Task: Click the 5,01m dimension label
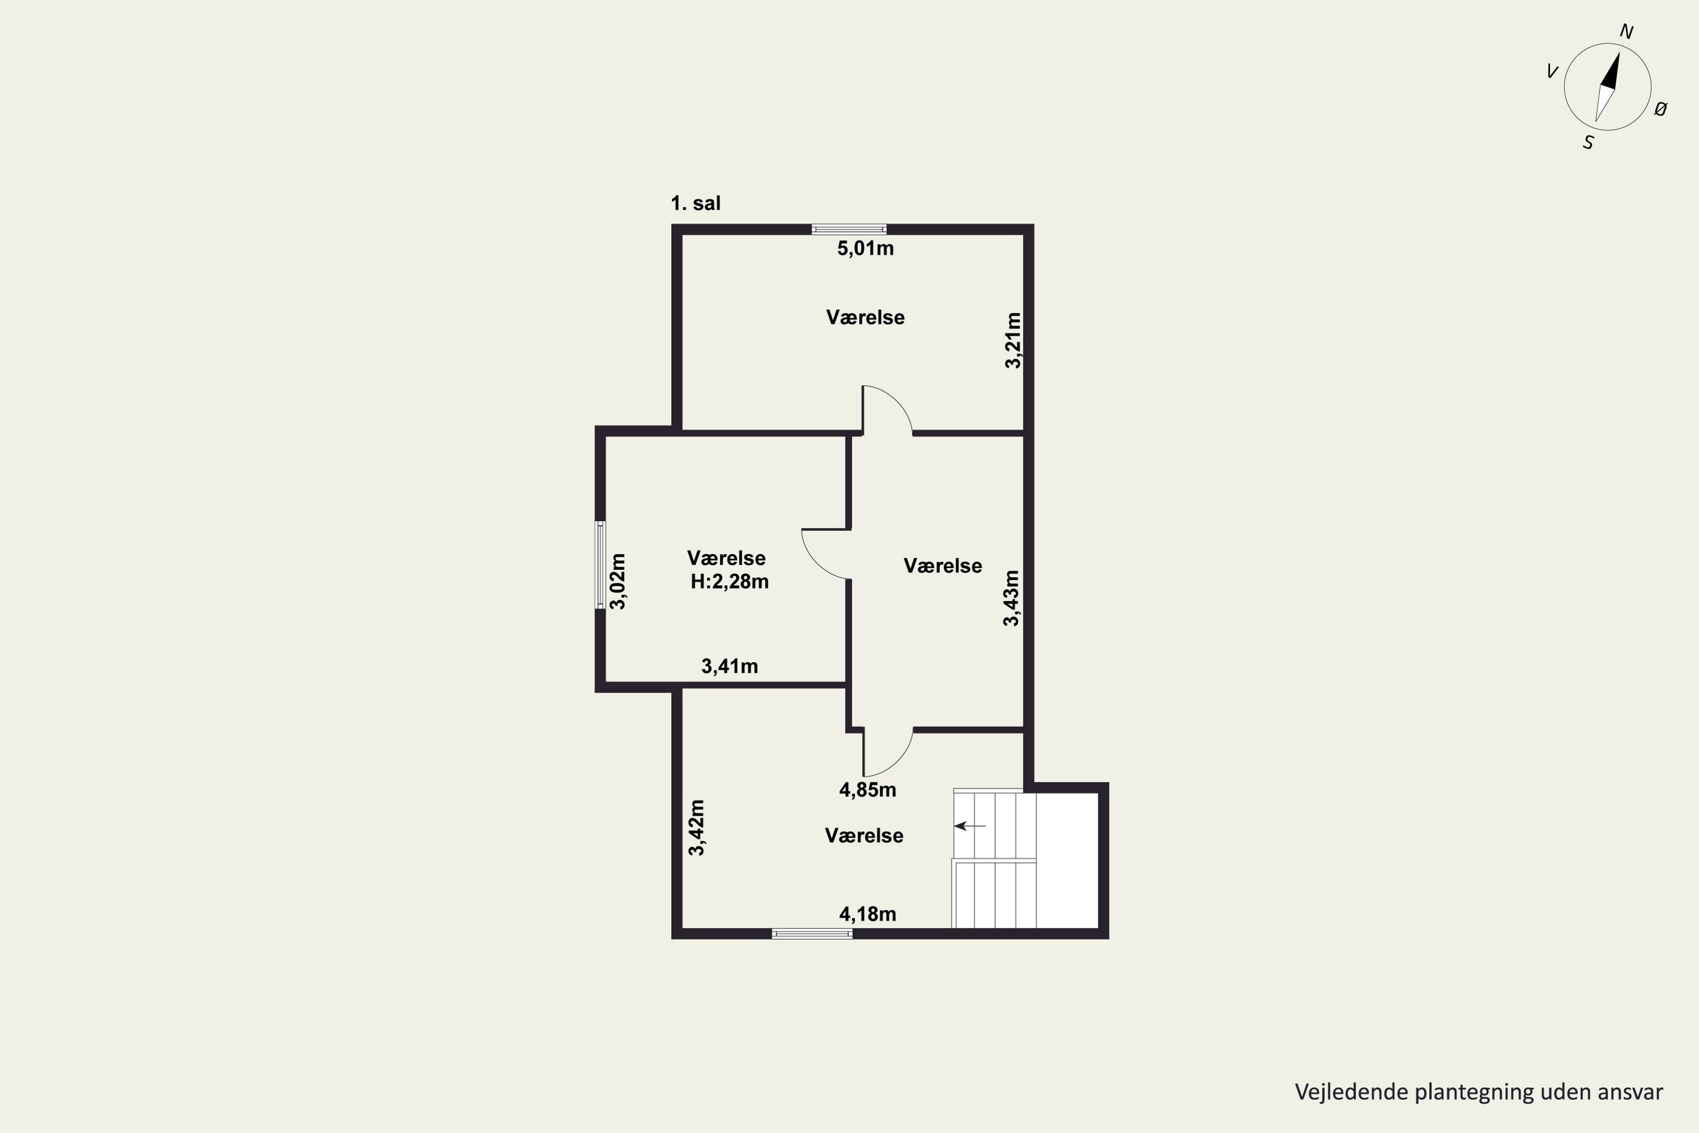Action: (x=865, y=249)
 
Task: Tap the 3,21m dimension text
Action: (x=1014, y=340)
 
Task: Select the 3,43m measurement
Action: (x=1011, y=598)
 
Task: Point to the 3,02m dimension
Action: (x=618, y=582)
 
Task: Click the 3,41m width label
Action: (x=729, y=666)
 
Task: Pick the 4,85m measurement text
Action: (x=868, y=790)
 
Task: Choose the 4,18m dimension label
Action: (x=868, y=915)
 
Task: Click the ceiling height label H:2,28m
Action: (x=729, y=582)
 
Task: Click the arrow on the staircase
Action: (x=970, y=826)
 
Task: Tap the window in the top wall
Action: (x=849, y=230)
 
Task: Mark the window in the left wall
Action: (x=600, y=565)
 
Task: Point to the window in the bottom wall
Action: (x=812, y=934)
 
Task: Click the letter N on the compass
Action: (x=1627, y=32)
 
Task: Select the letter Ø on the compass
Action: (x=1660, y=109)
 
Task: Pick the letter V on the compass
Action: (x=1552, y=71)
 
